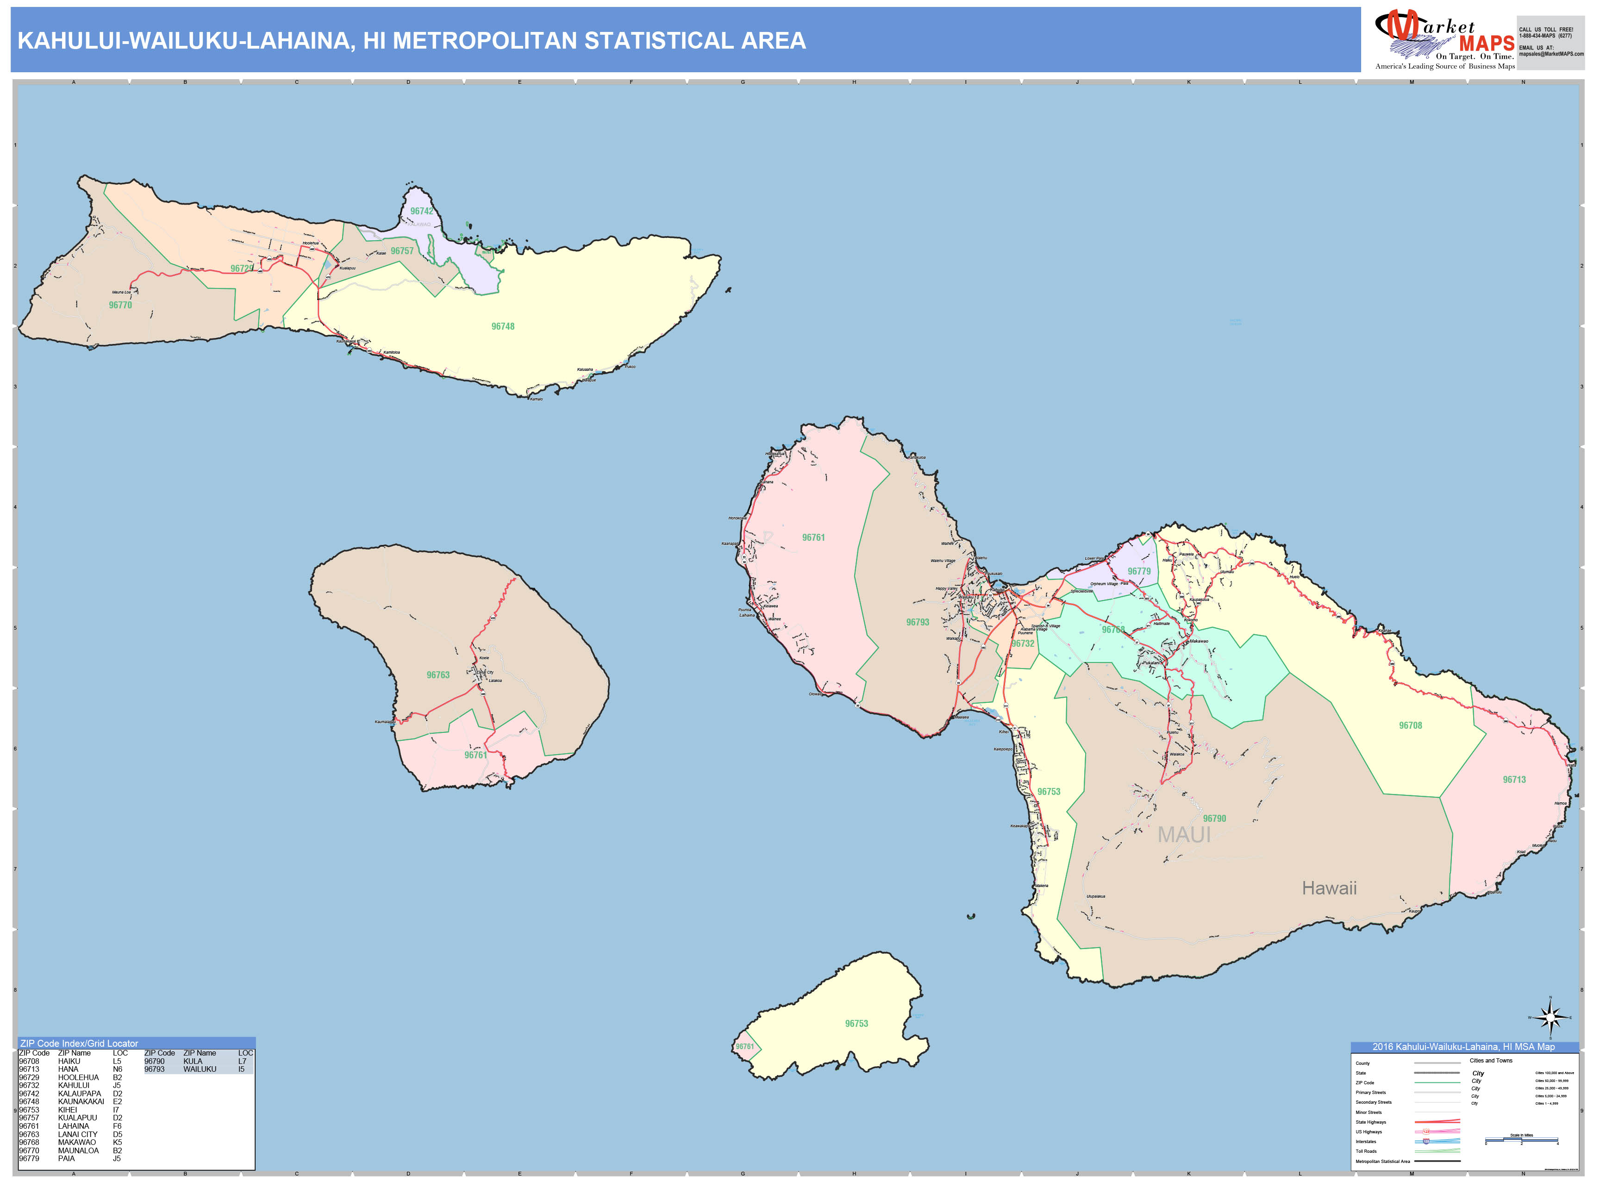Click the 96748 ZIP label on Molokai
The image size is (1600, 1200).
click(503, 326)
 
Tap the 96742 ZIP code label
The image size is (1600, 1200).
click(422, 211)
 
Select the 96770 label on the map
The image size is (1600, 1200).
click(120, 305)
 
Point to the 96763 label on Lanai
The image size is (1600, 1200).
click(437, 675)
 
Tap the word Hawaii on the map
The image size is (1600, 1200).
click(1329, 888)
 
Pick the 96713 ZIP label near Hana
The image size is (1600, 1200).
click(1514, 780)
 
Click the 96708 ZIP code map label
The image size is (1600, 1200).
click(1410, 725)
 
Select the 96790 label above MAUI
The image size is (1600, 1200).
click(1214, 819)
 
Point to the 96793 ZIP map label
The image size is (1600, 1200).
click(917, 622)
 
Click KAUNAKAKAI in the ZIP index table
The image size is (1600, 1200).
click(81, 1102)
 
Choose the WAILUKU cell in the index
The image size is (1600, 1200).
click(200, 1069)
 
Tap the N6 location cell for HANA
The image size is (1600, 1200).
click(117, 1069)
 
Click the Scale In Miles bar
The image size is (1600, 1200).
click(1521, 1141)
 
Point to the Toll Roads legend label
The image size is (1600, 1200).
click(1366, 1151)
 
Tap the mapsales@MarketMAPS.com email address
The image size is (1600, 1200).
click(1551, 54)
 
